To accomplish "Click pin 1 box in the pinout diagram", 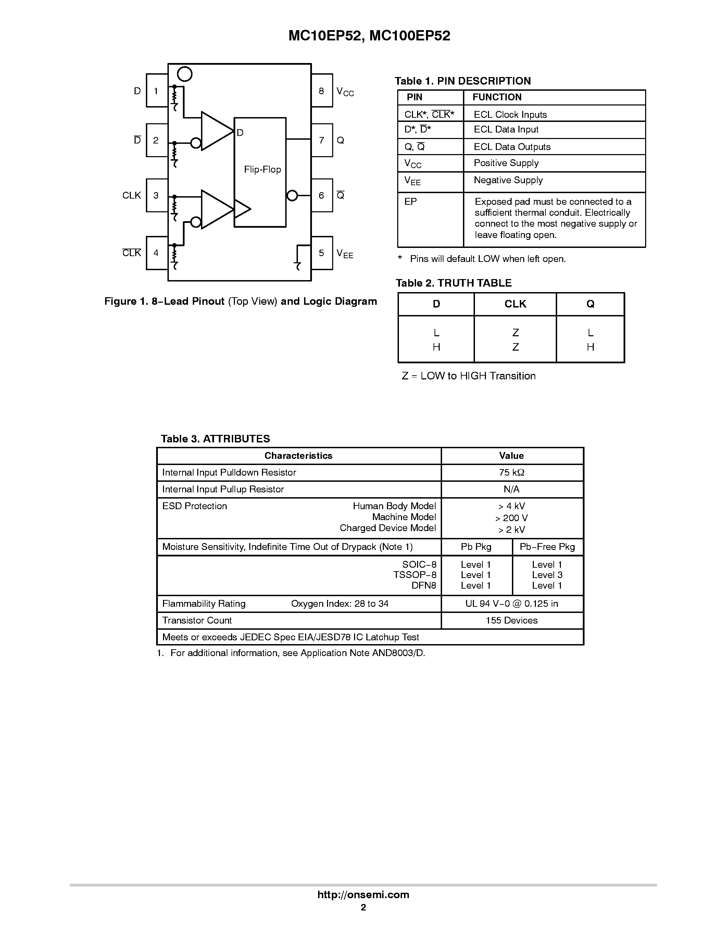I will [x=156, y=91].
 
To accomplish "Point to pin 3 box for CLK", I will [x=156, y=196].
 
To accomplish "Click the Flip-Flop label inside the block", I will [x=262, y=169].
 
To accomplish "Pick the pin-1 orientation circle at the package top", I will [x=185, y=74].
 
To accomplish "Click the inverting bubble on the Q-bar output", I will [x=292, y=196].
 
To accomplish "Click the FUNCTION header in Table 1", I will [x=497, y=97].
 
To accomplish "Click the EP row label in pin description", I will [x=411, y=201].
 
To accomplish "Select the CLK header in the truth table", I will [x=515, y=304].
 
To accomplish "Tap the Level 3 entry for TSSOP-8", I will [x=547, y=575].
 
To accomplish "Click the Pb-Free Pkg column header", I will [x=547, y=547].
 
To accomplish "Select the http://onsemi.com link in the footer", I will [x=363, y=894].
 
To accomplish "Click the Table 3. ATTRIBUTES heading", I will [x=215, y=439].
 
